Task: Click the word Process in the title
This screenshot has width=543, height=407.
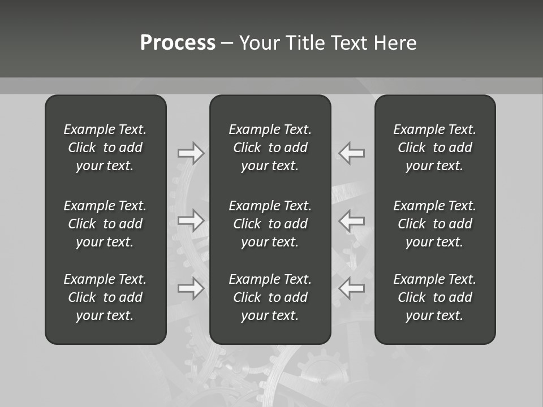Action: click(178, 43)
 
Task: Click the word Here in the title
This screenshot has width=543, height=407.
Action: click(395, 43)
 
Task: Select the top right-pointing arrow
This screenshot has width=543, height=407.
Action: click(191, 153)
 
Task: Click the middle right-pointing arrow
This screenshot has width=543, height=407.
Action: click(191, 220)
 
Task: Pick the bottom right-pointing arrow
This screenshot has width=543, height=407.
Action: click(191, 288)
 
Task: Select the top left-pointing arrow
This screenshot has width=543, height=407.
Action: click(351, 153)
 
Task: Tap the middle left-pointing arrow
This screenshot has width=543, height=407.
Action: click(351, 220)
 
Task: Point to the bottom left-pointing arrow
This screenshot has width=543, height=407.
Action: click(351, 288)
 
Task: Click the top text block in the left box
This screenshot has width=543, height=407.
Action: click(105, 148)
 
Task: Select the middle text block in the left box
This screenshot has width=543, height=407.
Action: click(105, 224)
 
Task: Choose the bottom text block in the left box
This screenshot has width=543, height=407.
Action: click(105, 297)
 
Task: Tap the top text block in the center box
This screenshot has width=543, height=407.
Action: click(270, 148)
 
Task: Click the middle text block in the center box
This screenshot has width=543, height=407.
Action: click(270, 224)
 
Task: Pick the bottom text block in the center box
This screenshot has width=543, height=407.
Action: click(270, 297)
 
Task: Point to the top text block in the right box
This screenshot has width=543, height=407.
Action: click(435, 148)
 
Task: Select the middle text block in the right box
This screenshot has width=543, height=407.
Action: click(435, 224)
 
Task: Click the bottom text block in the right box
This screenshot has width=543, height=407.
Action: click(435, 297)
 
